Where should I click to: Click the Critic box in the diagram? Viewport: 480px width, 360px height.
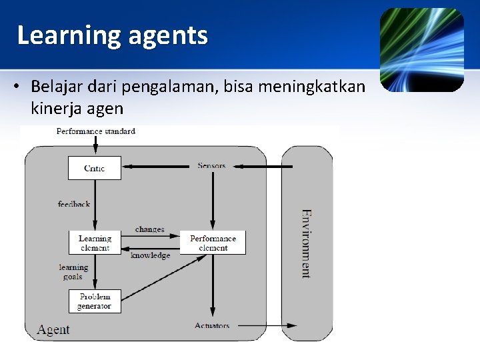point(95,168)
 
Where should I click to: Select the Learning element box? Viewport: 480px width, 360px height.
point(95,243)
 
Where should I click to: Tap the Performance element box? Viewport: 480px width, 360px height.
point(213,243)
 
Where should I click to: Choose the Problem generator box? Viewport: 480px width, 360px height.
point(95,301)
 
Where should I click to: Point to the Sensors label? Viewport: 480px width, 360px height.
point(211,165)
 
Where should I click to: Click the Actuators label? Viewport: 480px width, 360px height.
point(212,325)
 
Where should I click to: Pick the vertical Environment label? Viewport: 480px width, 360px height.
point(305,243)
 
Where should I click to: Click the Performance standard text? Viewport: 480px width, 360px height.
point(95,131)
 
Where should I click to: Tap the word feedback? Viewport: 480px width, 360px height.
point(73,204)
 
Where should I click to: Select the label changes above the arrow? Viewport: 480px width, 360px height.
point(149,229)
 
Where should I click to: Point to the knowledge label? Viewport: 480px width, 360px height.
point(150,255)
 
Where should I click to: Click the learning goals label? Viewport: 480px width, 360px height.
point(73,272)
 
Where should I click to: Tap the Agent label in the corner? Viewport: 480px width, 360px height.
point(53,329)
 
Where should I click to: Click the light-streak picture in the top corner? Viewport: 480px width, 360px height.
point(421,50)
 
